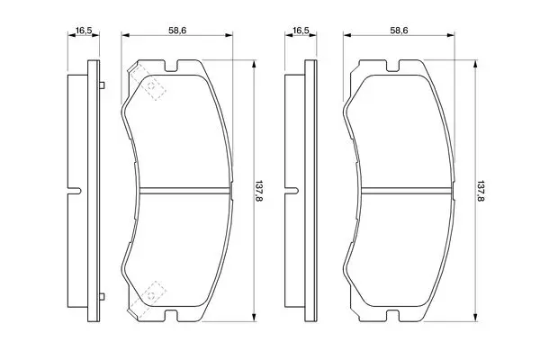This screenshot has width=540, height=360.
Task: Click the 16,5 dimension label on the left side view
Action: (84, 31)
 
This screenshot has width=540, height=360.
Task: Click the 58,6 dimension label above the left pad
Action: (177, 31)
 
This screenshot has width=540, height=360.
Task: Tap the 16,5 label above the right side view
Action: (301, 31)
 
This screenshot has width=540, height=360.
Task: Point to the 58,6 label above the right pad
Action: (399, 31)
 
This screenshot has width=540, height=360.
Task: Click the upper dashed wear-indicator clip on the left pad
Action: (148, 82)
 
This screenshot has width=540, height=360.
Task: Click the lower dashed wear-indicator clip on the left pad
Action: (148, 299)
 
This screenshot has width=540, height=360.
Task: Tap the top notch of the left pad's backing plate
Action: (171, 67)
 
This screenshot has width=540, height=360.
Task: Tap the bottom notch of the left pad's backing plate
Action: (171, 315)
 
